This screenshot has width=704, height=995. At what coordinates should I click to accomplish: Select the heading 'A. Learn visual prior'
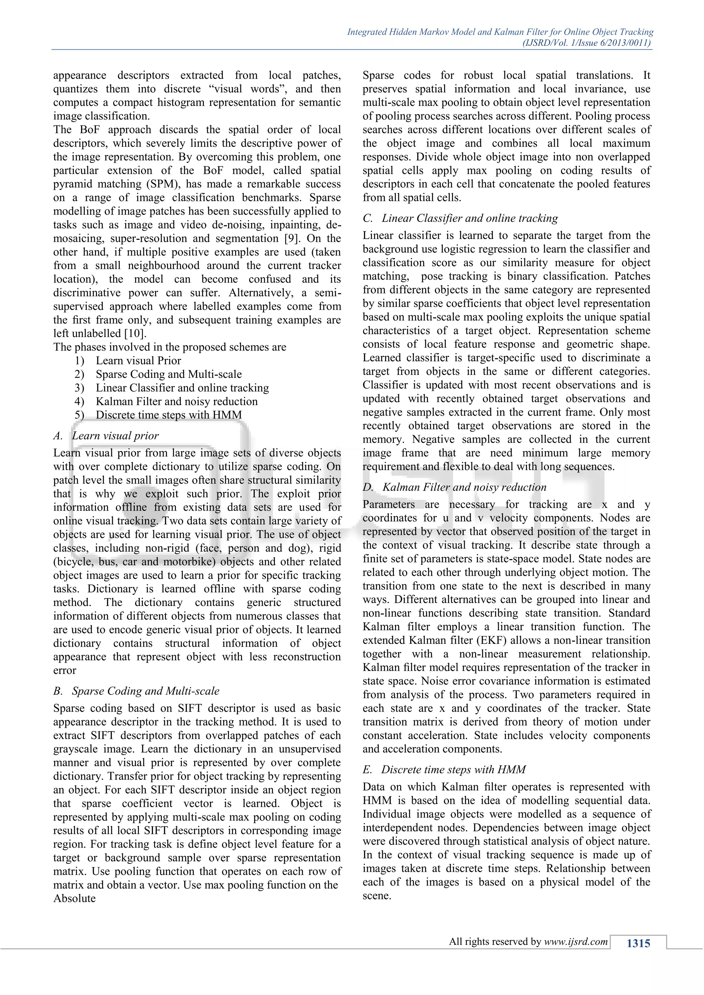(x=106, y=436)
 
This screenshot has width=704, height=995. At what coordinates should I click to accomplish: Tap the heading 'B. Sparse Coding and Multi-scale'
(x=136, y=691)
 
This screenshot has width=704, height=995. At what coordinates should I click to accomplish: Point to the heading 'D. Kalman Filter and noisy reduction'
(x=455, y=487)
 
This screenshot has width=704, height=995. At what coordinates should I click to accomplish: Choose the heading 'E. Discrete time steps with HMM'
(x=444, y=769)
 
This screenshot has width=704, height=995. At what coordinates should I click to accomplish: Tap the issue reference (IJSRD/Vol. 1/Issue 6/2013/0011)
(x=587, y=43)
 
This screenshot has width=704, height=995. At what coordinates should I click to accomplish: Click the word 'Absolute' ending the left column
(x=74, y=898)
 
